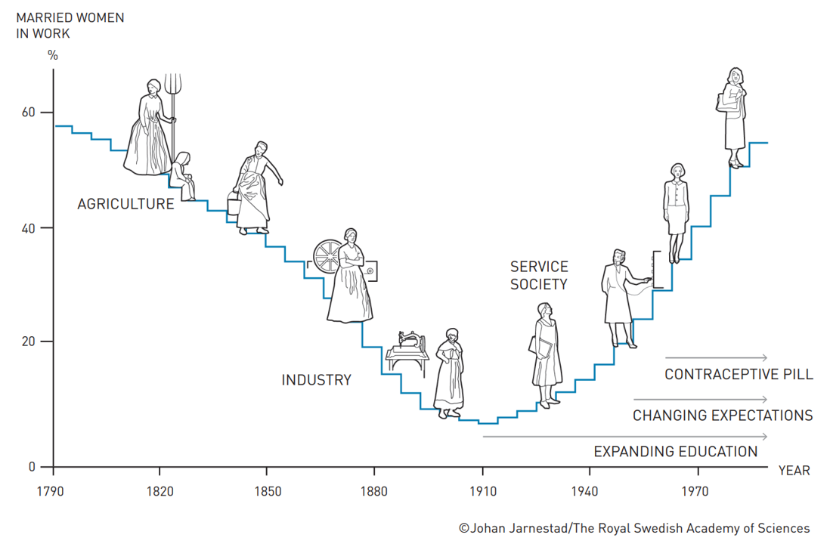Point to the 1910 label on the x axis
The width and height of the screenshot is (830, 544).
[x=482, y=492]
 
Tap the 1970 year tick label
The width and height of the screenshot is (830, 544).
[x=695, y=492]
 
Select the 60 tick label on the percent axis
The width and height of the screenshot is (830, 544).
[x=27, y=113]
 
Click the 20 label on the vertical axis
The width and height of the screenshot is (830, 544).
[x=27, y=342]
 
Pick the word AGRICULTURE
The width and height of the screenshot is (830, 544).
[x=125, y=204]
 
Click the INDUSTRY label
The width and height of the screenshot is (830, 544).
[x=316, y=380]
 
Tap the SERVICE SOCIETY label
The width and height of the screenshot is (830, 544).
[x=538, y=276]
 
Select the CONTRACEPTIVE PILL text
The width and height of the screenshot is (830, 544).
[x=739, y=375]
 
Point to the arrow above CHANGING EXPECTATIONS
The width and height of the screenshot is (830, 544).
[x=700, y=399]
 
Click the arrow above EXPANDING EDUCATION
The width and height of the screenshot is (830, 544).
[x=624, y=437]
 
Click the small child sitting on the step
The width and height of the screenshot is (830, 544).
[x=183, y=175]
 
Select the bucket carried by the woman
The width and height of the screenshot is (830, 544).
[x=233, y=204]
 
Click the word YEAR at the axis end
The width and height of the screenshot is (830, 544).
[x=794, y=471]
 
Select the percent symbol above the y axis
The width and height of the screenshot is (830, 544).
[x=52, y=55]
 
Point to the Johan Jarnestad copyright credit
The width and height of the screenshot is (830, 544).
[x=633, y=528]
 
